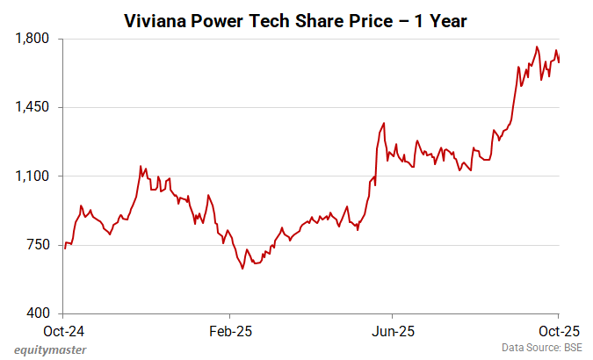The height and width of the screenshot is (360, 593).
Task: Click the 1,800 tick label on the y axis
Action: (x=33, y=39)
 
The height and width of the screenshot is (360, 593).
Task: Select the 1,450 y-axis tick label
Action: (x=33, y=107)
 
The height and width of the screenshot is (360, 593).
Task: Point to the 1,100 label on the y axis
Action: (x=33, y=176)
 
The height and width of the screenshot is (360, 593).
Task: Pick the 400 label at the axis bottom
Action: (x=40, y=313)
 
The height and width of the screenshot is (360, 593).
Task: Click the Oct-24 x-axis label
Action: (x=63, y=332)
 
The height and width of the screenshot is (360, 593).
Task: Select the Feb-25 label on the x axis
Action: (x=229, y=332)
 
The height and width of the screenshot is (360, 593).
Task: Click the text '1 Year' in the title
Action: (x=438, y=20)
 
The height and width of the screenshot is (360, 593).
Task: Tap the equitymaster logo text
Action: (x=49, y=349)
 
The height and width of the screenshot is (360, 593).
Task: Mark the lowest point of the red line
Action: (x=242, y=269)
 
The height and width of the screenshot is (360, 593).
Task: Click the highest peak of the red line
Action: (x=537, y=47)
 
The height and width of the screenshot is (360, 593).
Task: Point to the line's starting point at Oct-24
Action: (x=64, y=248)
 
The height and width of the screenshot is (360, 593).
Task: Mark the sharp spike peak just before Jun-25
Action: (x=384, y=123)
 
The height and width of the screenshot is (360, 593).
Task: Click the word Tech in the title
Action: (x=283, y=20)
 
